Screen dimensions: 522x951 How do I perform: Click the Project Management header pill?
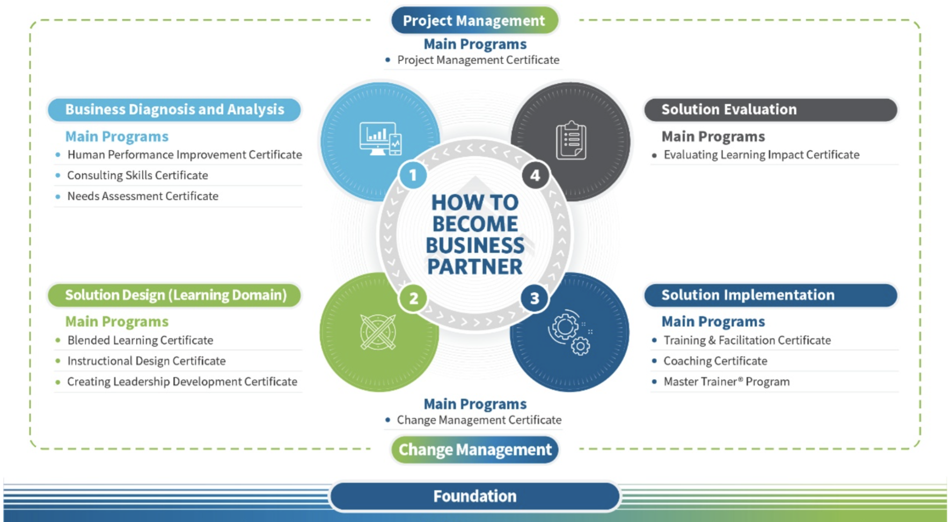pyautogui.click(x=474, y=20)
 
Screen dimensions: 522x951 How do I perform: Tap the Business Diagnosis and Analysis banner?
pyautogui.click(x=174, y=110)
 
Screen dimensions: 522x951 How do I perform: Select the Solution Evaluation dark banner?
pyautogui.click(x=770, y=110)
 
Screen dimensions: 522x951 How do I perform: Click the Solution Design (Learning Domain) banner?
pyautogui.click(x=174, y=295)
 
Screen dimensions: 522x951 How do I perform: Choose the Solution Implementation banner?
pyautogui.click(x=770, y=295)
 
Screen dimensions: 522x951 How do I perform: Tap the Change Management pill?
pyautogui.click(x=474, y=449)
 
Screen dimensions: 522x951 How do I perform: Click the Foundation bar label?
pyautogui.click(x=474, y=496)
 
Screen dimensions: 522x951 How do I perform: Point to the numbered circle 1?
pyautogui.click(x=413, y=175)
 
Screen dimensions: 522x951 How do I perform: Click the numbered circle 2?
pyautogui.click(x=413, y=298)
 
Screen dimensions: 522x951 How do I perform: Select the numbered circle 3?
pyautogui.click(x=535, y=298)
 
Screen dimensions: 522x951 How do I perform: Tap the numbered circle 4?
pyautogui.click(x=535, y=175)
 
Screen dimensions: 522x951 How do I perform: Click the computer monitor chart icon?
pyautogui.click(x=380, y=139)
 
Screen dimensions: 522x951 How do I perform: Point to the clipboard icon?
pyautogui.click(x=570, y=141)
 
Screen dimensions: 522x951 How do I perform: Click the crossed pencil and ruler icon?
pyautogui.click(x=378, y=332)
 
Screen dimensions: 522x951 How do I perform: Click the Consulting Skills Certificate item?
pyautogui.click(x=137, y=176)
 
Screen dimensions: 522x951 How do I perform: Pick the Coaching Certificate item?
pyautogui.click(x=715, y=361)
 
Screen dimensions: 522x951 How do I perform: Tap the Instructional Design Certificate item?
pyautogui.click(x=147, y=361)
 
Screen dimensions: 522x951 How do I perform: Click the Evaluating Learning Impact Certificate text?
pyautogui.click(x=761, y=155)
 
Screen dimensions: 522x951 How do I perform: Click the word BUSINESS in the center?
pyautogui.click(x=475, y=245)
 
